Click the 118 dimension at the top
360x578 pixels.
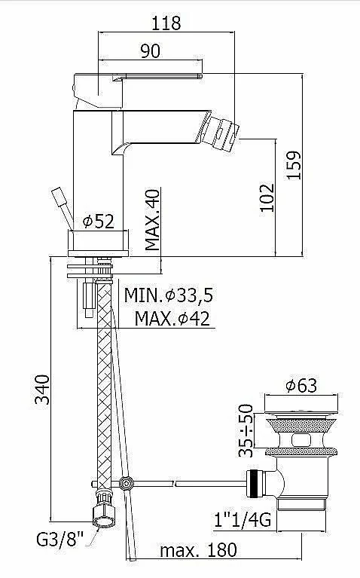pyautogui.click(x=166, y=23)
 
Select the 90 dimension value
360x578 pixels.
pyautogui.click(x=151, y=51)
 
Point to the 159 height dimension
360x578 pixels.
pyautogui.click(x=294, y=165)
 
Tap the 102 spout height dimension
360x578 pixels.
pyautogui.click(x=267, y=197)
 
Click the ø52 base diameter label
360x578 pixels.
pyautogui.click(x=99, y=221)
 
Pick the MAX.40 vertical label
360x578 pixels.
pyautogui.click(x=152, y=220)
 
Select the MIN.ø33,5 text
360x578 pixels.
pyautogui.click(x=169, y=295)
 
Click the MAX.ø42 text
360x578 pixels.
pyautogui.click(x=172, y=318)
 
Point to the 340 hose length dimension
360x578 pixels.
pyautogui.click(x=41, y=390)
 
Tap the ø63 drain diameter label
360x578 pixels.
pyautogui.click(x=301, y=386)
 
